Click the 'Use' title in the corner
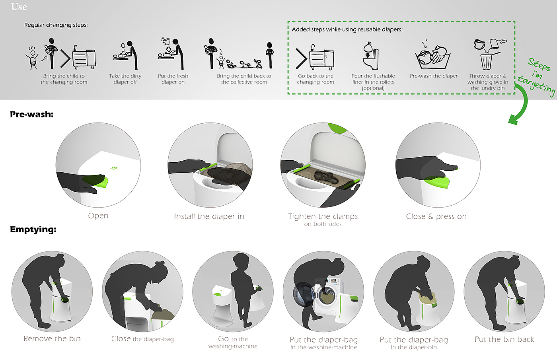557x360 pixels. click(x=19, y=7)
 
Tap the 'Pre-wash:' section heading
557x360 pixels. click(x=31, y=114)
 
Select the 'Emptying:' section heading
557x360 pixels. click(x=33, y=229)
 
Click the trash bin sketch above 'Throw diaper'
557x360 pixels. click(x=486, y=62)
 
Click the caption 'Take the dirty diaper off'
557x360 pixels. click(x=125, y=79)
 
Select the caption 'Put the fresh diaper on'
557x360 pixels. click(x=173, y=79)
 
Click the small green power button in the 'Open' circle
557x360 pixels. click(x=114, y=168)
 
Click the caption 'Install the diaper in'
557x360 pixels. click(x=209, y=216)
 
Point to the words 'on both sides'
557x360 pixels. click(x=323, y=224)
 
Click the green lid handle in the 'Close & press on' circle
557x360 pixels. click(x=437, y=181)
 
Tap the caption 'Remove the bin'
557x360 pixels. click(x=52, y=339)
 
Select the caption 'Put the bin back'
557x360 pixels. click(x=504, y=339)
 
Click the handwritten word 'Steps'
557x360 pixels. click(x=539, y=64)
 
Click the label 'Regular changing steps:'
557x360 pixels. click(x=56, y=25)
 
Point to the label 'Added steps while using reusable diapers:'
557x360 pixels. click(x=347, y=29)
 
